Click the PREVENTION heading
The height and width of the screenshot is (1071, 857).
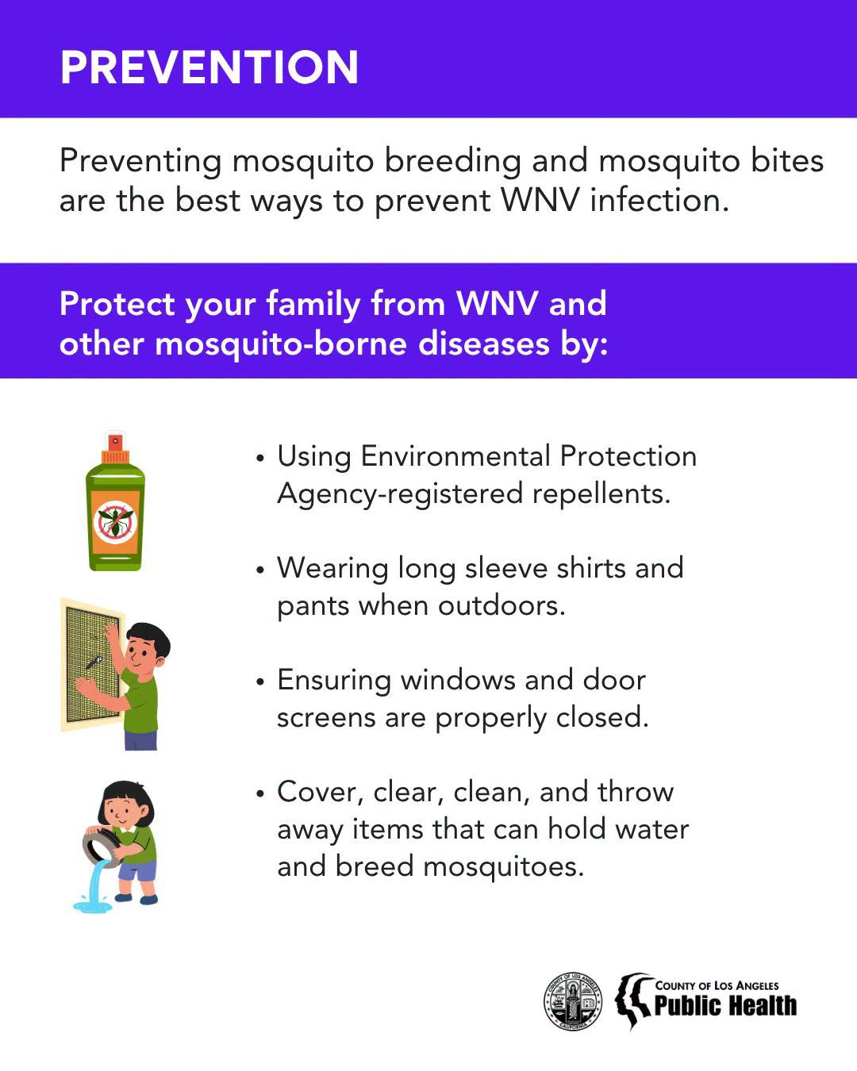click(209, 67)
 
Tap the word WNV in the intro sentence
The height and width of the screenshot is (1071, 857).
click(540, 200)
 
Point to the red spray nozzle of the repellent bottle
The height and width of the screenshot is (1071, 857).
click(115, 441)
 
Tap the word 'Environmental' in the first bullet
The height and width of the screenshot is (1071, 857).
click(455, 456)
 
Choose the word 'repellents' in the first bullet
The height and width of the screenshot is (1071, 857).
click(601, 494)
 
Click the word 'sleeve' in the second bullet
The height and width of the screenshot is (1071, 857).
click(506, 568)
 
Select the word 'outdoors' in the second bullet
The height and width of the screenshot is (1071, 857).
click(502, 605)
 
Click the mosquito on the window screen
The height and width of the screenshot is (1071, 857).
click(94, 662)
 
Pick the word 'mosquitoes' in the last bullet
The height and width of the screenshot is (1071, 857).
click(503, 866)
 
